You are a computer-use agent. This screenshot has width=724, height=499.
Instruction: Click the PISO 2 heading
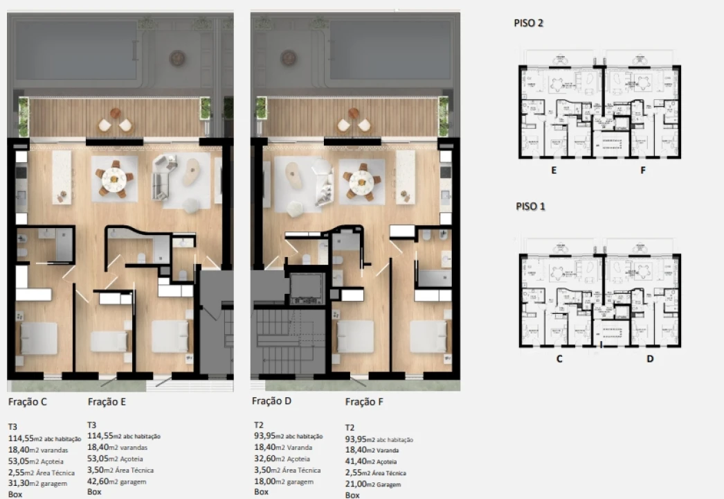coord(529,23)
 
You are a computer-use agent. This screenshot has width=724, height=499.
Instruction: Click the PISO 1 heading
coord(530,207)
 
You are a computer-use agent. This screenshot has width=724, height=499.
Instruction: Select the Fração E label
coord(107,401)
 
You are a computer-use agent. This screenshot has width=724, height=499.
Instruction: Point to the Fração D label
coord(271,401)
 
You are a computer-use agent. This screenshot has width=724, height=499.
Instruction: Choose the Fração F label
coord(364,401)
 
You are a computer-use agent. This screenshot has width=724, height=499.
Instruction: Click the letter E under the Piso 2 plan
coord(554,169)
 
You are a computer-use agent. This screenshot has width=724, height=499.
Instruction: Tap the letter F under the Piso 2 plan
coord(643,169)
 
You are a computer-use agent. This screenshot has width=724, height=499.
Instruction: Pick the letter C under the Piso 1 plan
coord(559,359)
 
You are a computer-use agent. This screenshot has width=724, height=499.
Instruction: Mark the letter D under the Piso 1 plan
coord(650,359)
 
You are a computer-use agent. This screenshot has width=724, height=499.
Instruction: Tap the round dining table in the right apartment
coord(361,181)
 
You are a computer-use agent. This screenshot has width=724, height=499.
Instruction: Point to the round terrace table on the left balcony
coord(115,114)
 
